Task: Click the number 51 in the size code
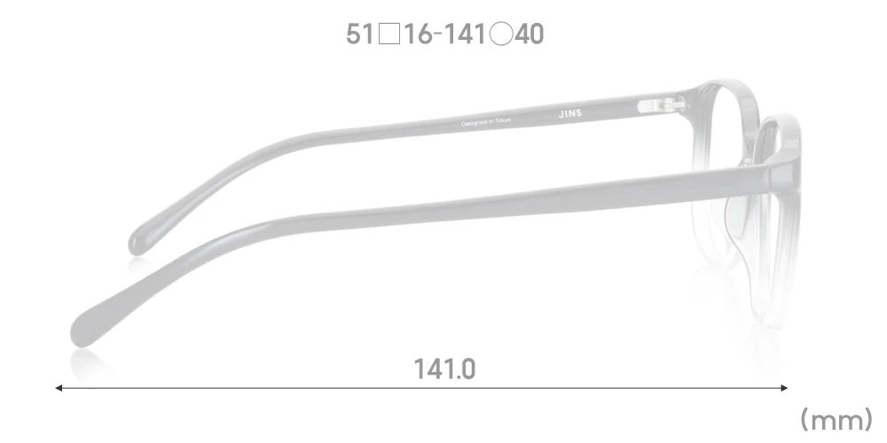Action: (x=359, y=35)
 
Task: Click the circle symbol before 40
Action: (x=501, y=35)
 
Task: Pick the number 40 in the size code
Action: (x=530, y=35)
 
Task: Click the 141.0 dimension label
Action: (x=444, y=369)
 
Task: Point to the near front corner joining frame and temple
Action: (x=781, y=168)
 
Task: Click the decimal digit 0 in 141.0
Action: (x=467, y=369)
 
